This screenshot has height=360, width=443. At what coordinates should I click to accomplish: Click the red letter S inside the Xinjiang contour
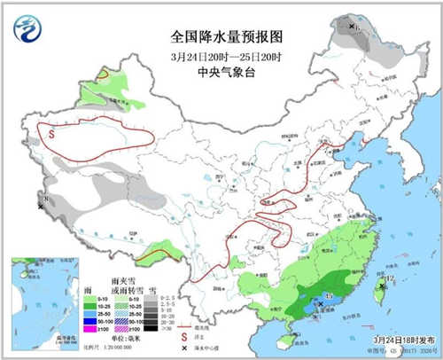pyautogui.click(x=52, y=135)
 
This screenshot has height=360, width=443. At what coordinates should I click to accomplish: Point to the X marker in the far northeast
pyautogui.click(x=353, y=28)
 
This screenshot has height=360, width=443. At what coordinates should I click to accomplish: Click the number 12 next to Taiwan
pyautogui.click(x=389, y=280)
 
